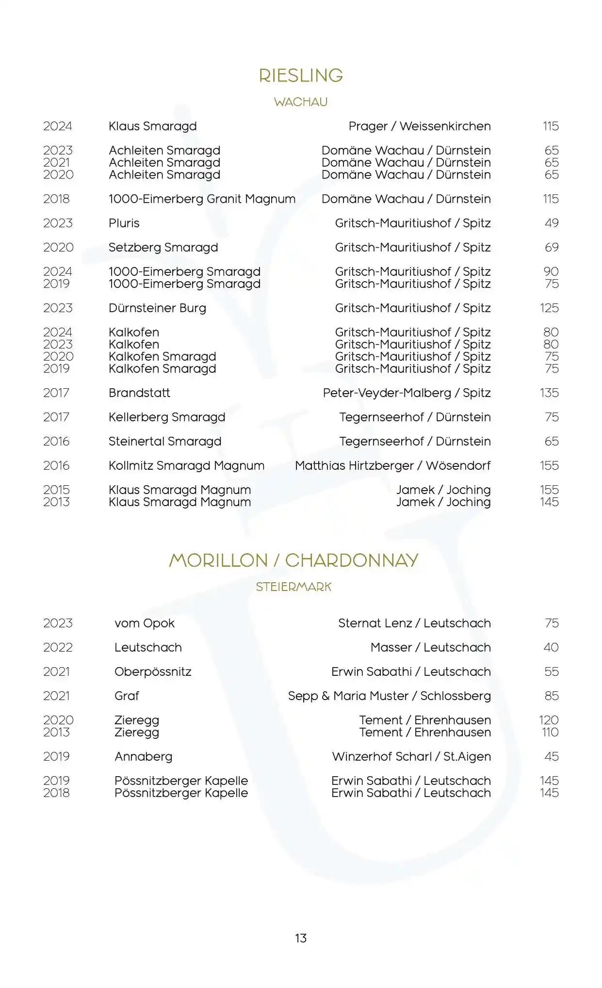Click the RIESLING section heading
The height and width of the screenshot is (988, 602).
point(301,76)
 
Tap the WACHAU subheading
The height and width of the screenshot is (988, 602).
point(301,102)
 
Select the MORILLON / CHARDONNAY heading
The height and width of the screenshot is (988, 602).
point(293,560)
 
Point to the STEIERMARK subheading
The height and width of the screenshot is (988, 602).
point(293,587)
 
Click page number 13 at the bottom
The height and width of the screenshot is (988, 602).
point(301,938)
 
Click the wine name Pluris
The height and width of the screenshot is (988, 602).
point(124,223)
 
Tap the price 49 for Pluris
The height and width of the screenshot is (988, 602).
point(552,223)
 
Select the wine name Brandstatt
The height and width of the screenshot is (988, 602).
point(139,393)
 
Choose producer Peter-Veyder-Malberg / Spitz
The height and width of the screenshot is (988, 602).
point(407,393)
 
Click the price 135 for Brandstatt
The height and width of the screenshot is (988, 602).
point(549,393)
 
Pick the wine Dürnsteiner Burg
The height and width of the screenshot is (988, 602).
point(157,308)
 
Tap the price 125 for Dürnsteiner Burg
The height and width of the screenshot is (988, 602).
point(549,308)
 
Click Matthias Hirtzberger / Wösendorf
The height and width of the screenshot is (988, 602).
point(392,465)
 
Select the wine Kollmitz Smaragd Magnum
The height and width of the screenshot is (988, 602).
point(186,465)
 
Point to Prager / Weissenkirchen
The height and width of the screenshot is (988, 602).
point(420,126)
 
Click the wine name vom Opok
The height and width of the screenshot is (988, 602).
point(145,623)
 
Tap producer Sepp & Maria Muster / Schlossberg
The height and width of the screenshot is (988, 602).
point(389,696)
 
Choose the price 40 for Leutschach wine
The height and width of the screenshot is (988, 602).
point(551,647)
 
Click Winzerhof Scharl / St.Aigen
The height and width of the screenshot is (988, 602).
point(411,756)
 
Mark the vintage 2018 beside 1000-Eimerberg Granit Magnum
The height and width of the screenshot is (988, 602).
point(56,199)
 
